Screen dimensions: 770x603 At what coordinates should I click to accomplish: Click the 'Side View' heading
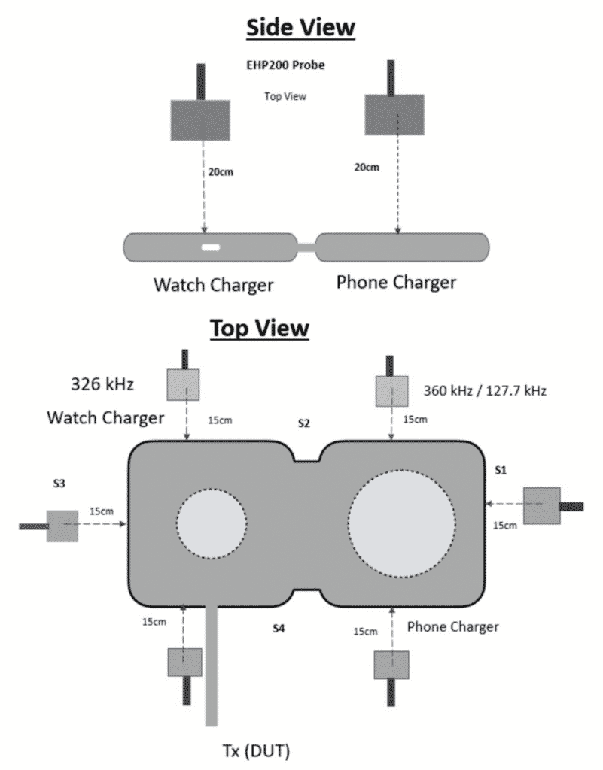coord(301,27)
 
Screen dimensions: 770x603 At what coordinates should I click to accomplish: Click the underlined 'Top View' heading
coord(259,329)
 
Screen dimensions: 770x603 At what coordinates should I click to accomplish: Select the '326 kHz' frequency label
coord(103,385)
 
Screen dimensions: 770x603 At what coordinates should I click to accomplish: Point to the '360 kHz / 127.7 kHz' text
coord(485,391)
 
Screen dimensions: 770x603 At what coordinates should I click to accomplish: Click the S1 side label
coord(500,469)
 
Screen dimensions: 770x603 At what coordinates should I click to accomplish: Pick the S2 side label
coord(304,423)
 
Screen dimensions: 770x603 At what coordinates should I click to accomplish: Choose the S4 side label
coord(279,626)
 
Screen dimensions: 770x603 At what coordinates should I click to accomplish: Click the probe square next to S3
coord(62,526)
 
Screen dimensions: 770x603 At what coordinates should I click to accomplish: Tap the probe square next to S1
coord(541,505)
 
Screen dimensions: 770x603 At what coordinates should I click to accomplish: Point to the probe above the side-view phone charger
coord(395,114)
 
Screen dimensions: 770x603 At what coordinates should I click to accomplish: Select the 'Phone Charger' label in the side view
coord(396,283)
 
